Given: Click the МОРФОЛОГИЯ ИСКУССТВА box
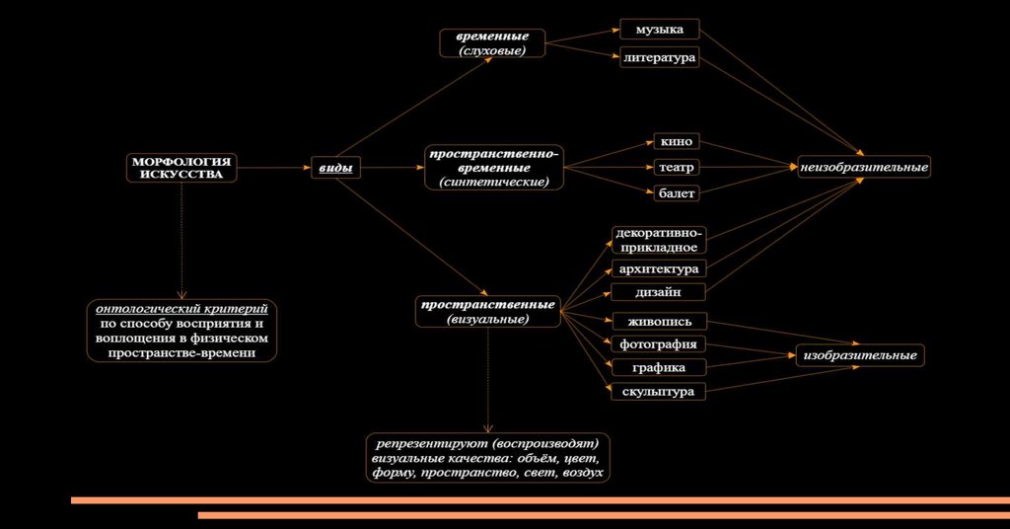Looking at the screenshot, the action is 181,168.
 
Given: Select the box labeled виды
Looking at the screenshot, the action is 335,169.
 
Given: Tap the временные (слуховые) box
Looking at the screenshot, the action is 491,43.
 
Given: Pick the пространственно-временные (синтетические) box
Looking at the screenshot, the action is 493,169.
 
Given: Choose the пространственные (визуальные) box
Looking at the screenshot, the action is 487,311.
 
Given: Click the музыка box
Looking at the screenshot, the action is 659,30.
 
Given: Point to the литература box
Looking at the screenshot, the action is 659,57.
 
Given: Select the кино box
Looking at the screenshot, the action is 676,141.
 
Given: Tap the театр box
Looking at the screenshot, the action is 676,167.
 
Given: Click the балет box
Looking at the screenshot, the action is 676,193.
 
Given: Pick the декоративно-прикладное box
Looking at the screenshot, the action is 658,240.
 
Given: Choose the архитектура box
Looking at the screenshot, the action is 658,268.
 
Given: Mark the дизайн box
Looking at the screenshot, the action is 658,292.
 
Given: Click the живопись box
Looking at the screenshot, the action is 658,321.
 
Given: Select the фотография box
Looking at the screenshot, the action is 658,344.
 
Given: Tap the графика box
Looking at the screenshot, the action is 658,368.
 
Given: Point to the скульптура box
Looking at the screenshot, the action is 658,392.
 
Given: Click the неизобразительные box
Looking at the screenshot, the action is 864,168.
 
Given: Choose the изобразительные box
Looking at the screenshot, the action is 859,355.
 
